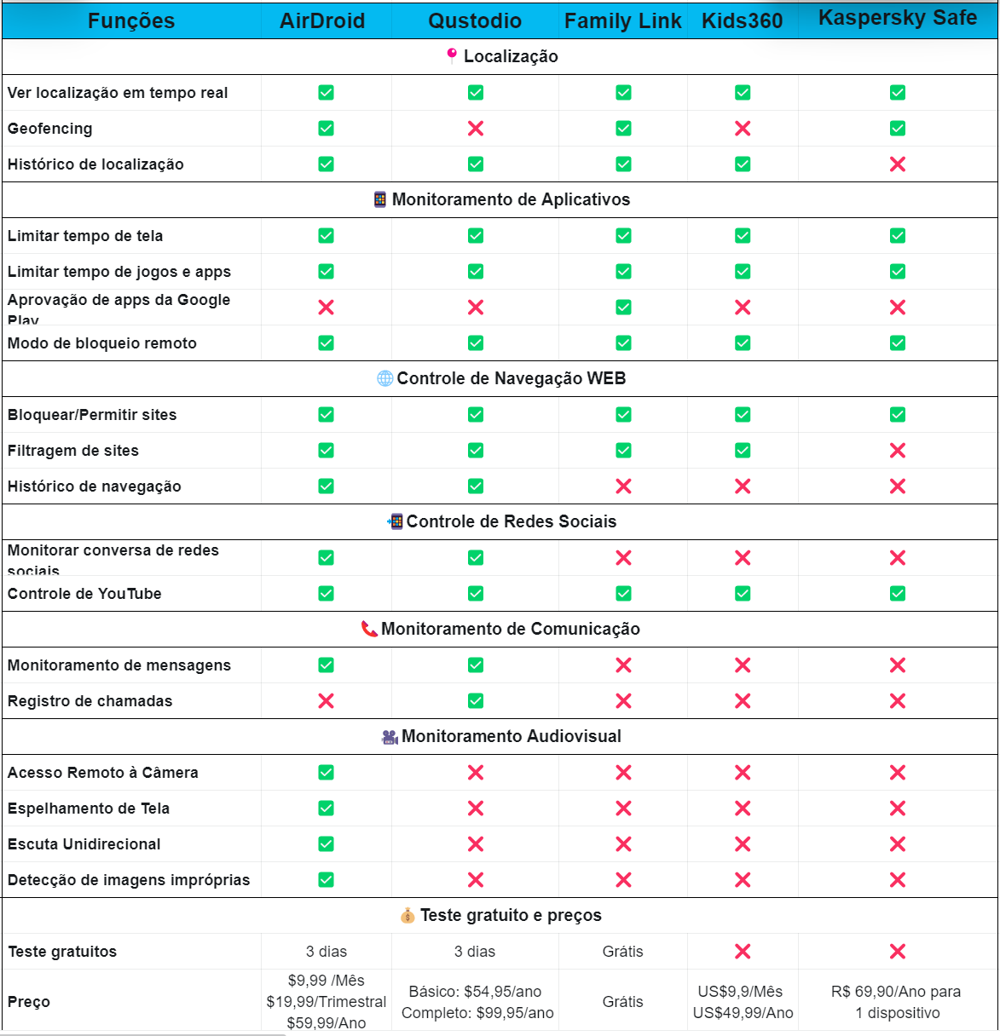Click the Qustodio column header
pos(475,21)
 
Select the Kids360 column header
pos(742,21)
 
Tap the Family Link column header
pos(622,21)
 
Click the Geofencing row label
pos(50,129)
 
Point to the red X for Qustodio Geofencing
pos(476,129)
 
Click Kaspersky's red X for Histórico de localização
pos(898,164)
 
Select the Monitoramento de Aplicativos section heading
pos(511,199)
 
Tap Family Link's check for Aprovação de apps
pos(623,308)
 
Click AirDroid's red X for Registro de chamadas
pos(326,701)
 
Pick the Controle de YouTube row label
pos(84,594)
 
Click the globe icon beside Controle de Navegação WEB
pos(385,378)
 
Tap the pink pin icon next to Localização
pos(452,56)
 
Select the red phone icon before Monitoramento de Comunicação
pos(369,630)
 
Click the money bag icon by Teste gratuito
pos(408,916)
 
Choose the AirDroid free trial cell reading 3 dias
pos(327,952)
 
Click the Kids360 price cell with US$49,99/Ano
pos(743,1013)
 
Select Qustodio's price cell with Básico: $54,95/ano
pos(476,992)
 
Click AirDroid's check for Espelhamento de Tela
pos(326,809)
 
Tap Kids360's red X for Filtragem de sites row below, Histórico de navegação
pos(743,486)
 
